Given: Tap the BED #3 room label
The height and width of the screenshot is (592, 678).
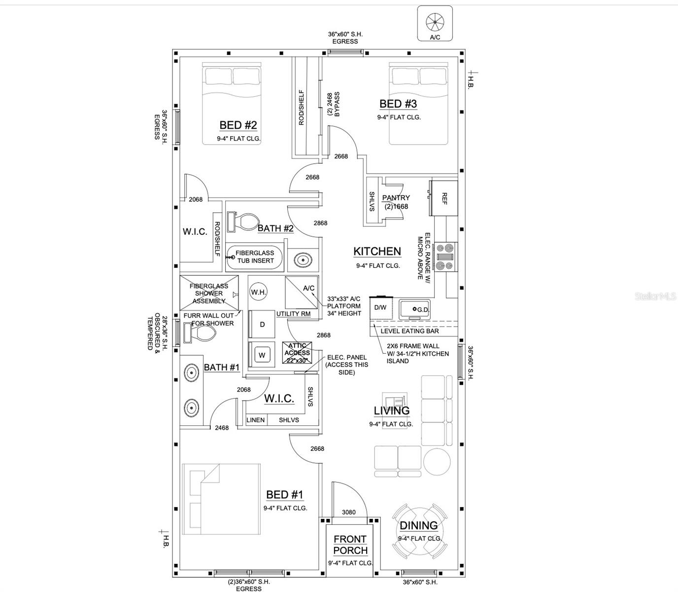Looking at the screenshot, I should (398, 104).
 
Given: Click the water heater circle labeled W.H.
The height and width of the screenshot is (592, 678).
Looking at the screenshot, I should (258, 292).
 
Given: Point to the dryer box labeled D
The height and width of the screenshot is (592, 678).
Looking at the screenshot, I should (262, 324).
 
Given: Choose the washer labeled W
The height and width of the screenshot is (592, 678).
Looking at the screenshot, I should (262, 355).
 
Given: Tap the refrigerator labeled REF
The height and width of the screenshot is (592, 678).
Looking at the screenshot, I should (443, 198).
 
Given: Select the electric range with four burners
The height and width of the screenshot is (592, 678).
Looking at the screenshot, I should (446, 257).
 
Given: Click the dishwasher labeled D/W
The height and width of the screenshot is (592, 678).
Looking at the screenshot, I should (380, 308).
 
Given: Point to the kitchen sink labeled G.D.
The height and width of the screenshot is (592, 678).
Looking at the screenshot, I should (414, 309).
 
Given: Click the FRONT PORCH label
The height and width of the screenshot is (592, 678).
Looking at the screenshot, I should (350, 545).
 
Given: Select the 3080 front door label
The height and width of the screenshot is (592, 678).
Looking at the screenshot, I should (349, 512).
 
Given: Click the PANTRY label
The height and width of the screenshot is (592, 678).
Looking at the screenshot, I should (396, 198).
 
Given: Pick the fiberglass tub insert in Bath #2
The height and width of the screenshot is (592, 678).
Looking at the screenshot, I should (255, 257).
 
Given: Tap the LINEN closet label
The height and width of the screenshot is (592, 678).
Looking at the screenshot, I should (255, 420).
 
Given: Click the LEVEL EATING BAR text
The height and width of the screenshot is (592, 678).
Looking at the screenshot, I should (409, 331).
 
